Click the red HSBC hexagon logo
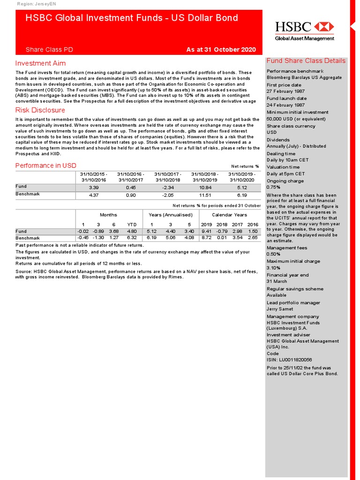click(324, 26)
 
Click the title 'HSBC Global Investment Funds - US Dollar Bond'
click(132, 18)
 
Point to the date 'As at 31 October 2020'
click(221, 49)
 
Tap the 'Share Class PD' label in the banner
click(49, 49)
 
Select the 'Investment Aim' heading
click(40, 63)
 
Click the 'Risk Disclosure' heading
click(40, 110)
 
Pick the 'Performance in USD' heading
click(46, 165)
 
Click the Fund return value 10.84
click(205, 187)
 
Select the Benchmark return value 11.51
click(205, 195)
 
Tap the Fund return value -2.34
click(168, 187)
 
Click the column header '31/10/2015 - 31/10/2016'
click(94, 177)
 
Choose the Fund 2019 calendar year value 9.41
click(206, 231)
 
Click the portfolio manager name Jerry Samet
click(280, 309)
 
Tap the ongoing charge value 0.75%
click(273, 187)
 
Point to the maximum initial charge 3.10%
click(273, 268)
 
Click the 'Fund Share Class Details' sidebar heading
click(306, 61)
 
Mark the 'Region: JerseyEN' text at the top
click(36, 4)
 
